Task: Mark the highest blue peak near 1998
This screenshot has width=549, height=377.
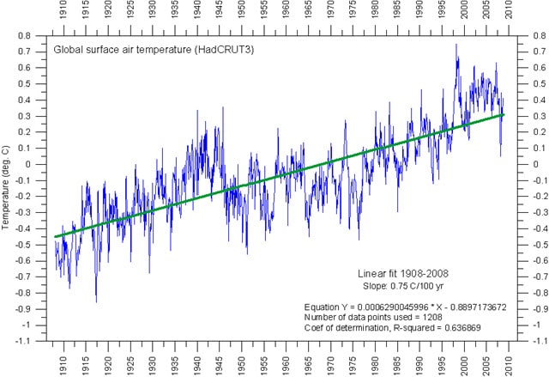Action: [455, 44]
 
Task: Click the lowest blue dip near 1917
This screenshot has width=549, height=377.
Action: [96, 302]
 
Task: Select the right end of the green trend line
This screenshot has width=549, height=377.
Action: [504, 114]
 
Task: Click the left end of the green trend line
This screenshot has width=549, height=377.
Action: [55, 236]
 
